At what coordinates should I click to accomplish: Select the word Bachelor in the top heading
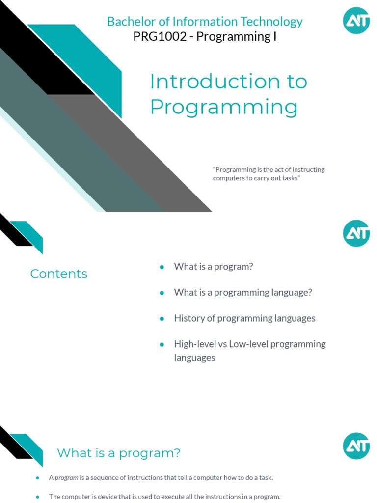(x=127, y=22)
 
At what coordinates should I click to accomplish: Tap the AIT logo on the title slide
(x=356, y=21)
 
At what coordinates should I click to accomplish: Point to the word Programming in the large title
(x=224, y=107)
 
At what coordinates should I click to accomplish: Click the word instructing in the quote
(x=307, y=169)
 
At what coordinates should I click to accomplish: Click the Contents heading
(x=59, y=274)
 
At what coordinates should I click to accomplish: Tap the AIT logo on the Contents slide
(x=356, y=233)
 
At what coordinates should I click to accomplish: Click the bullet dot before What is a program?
(x=161, y=267)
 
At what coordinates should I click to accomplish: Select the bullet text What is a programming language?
(x=243, y=292)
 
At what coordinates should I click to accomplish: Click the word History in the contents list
(x=188, y=318)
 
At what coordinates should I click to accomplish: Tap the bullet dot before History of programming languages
(x=161, y=318)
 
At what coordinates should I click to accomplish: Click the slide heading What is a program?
(x=119, y=453)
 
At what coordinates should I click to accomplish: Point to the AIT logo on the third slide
(x=356, y=446)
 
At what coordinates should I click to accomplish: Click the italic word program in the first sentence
(x=67, y=477)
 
